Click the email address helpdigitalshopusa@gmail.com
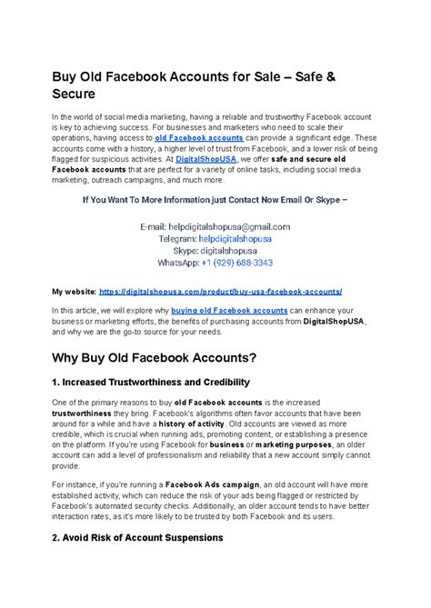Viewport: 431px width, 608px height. click(x=239, y=226)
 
